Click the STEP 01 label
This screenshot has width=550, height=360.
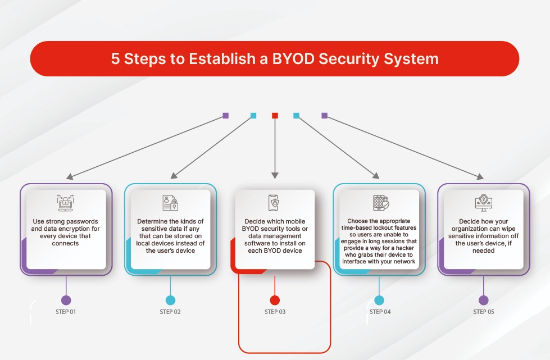coord(66,312)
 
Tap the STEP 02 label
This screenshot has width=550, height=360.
coord(170,312)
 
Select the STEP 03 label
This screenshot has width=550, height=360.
coord(275,312)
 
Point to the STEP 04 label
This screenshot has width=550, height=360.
coord(379,312)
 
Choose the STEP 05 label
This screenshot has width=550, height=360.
coord(484,312)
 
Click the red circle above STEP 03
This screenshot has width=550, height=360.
coord(275,300)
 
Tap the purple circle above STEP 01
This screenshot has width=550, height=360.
coord(66,300)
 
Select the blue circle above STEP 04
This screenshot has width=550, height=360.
coord(379,300)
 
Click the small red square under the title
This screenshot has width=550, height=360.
coord(275,116)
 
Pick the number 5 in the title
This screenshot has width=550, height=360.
coord(115,59)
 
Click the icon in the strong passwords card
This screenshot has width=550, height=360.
coord(66,203)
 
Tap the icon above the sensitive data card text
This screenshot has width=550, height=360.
coord(170,203)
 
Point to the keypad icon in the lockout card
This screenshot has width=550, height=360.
coord(380,203)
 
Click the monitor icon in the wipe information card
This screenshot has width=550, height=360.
coord(483,203)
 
